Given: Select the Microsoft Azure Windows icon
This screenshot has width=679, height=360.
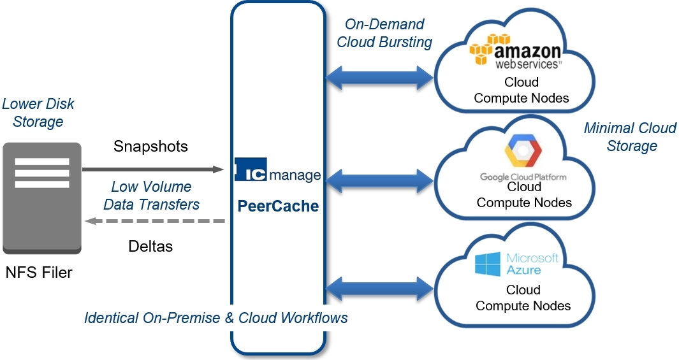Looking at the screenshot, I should (x=488, y=264).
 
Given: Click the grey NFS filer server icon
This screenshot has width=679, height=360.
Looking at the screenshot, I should (x=42, y=198).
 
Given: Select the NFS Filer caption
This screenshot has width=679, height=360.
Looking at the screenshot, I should (x=39, y=273).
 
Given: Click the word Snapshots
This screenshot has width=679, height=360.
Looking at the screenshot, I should (x=150, y=146).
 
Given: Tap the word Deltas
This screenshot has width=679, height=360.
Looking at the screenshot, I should (x=150, y=246).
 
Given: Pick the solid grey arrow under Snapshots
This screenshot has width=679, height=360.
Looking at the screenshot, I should (x=153, y=169).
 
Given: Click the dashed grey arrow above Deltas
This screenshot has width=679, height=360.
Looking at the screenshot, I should (x=156, y=221).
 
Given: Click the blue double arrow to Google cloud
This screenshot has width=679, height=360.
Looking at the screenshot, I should (x=379, y=181).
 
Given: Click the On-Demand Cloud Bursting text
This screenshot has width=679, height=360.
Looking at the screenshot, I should (x=384, y=33).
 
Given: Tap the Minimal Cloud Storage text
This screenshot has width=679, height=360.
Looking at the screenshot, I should (x=630, y=137).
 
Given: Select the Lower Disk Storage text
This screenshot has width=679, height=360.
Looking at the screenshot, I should (x=38, y=112).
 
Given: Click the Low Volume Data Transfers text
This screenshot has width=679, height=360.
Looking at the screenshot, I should (x=151, y=196).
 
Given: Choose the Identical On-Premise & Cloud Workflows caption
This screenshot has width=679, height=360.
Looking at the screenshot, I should (x=216, y=317).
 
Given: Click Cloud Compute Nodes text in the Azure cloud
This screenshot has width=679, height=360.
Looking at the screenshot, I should (x=523, y=298).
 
